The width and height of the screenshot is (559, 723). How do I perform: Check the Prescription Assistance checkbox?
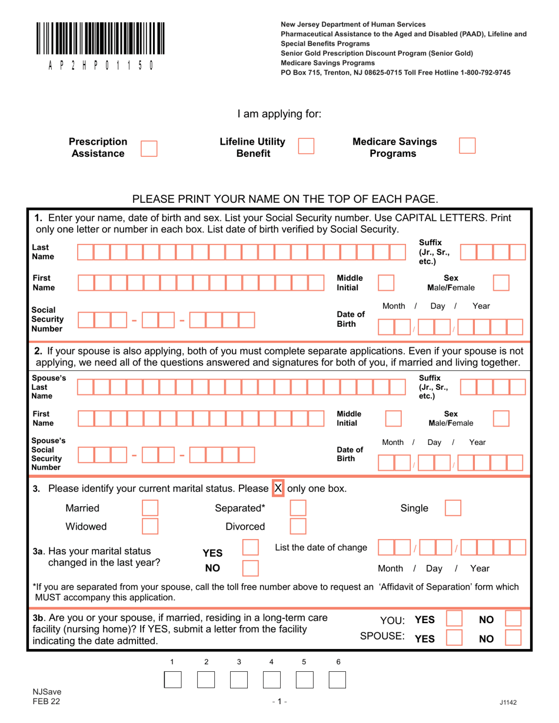[x=149, y=148]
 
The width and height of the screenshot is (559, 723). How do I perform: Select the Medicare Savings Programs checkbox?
[x=467, y=146]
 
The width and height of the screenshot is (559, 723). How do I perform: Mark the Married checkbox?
[x=151, y=508]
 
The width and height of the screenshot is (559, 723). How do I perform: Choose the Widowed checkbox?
[x=151, y=525]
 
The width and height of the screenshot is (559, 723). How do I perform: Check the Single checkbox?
[x=452, y=508]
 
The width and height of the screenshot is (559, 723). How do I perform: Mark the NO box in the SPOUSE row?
[x=513, y=638]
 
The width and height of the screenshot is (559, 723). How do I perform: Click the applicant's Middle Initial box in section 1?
[x=385, y=283]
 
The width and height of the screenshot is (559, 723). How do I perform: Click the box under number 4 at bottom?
[x=271, y=680]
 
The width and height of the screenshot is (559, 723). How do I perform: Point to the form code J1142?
[x=508, y=702]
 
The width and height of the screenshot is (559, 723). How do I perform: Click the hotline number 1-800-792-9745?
[x=476, y=72]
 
